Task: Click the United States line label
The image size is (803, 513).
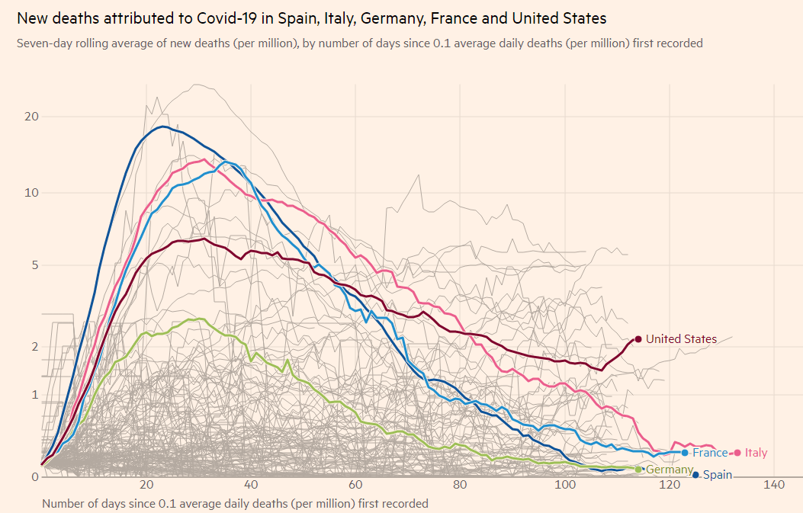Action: click(681, 339)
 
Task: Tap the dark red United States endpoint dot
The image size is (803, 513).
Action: click(638, 339)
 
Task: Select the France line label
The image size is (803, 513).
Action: click(710, 453)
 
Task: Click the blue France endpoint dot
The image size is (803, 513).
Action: click(685, 453)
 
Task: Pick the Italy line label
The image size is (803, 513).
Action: click(756, 453)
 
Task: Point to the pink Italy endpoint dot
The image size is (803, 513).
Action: click(737, 453)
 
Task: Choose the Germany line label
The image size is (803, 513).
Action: click(670, 470)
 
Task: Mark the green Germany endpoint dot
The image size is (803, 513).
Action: click(638, 470)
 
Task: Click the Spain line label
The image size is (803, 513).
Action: click(717, 475)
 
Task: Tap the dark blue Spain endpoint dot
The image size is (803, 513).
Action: click(695, 475)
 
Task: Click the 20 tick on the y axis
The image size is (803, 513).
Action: click(31, 117)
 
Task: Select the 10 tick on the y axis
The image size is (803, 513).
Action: click(31, 192)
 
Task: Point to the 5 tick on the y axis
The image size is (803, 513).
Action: click(34, 265)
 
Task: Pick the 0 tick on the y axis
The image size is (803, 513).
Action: click(34, 477)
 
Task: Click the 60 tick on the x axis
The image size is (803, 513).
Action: click(355, 486)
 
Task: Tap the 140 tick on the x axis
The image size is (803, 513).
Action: click(774, 486)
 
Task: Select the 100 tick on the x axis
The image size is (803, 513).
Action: click(564, 486)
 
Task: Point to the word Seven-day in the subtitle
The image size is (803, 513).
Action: click(44, 43)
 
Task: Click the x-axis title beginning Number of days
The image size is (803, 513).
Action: click(235, 503)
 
